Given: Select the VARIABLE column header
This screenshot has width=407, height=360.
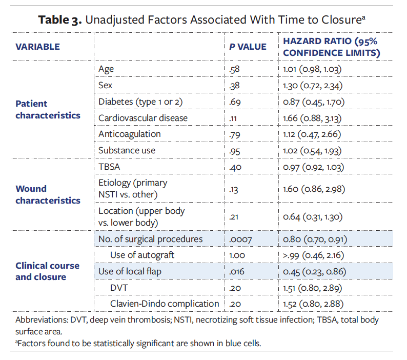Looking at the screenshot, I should tap(37, 47).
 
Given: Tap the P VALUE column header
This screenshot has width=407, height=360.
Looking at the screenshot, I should tap(248, 47).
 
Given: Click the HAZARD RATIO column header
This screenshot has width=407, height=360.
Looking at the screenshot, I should tap(331, 47).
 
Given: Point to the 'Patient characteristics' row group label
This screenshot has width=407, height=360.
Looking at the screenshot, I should tap(48, 110).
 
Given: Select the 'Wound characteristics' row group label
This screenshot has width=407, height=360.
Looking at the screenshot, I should tap(48, 195).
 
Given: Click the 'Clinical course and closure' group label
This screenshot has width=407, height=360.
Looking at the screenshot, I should tap(47, 271).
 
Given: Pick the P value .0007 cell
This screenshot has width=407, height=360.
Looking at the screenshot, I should tap(242, 239).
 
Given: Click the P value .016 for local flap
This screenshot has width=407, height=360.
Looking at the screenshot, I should tap(238, 271).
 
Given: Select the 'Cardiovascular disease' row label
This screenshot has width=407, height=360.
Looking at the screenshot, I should tap(136, 118).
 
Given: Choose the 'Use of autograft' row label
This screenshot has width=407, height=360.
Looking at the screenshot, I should tap(142, 255).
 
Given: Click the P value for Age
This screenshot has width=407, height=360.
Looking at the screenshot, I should tap(235, 69).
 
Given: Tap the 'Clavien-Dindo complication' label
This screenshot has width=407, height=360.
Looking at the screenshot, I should tap(164, 304).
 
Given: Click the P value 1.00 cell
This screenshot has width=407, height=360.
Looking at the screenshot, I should tap(237, 255).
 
